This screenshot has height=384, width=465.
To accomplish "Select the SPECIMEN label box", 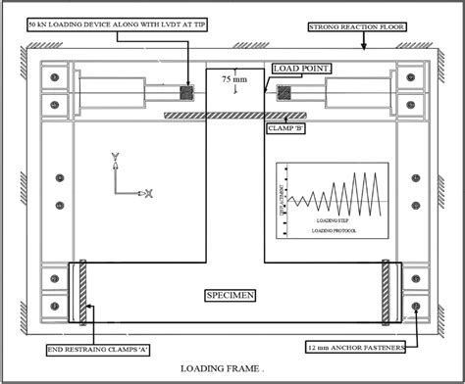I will (232, 293).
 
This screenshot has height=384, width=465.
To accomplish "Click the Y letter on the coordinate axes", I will (115, 156).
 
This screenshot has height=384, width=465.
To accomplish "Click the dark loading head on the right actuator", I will (285, 94).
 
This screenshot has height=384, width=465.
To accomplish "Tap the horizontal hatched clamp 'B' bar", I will (227, 116).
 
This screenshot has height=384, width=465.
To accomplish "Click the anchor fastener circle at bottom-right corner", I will (419, 307).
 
